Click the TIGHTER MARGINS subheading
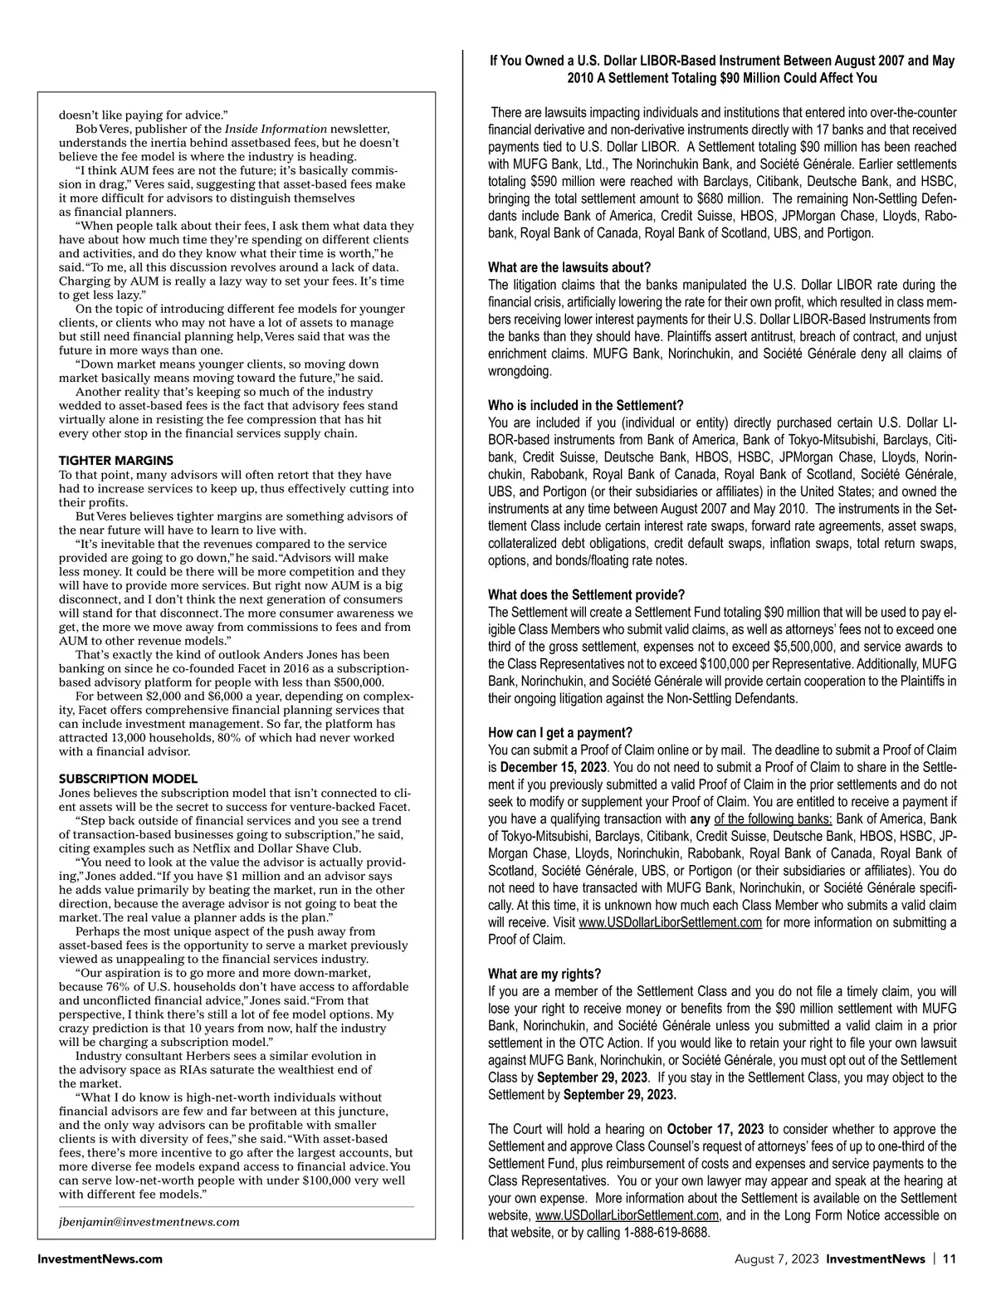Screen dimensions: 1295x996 click(x=116, y=460)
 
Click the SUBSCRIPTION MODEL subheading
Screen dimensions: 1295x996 click(x=128, y=779)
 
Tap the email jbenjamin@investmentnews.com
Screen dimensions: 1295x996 click(x=149, y=1221)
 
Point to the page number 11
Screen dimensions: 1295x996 click(x=949, y=1258)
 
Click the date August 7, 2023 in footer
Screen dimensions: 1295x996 click(x=776, y=1258)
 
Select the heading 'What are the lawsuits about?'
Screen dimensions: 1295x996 click(x=569, y=267)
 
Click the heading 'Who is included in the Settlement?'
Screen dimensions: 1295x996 click(x=585, y=405)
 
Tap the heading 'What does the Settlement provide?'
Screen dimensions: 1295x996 click(x=586, y=594)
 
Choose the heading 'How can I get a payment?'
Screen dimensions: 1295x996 click(x=560, y=732)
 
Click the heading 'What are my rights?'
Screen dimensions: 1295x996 click(x=544, y=974)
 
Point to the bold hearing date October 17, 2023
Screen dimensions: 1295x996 click(x=715, y=1129)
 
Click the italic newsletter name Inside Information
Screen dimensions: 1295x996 click(x=276, y=129)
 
